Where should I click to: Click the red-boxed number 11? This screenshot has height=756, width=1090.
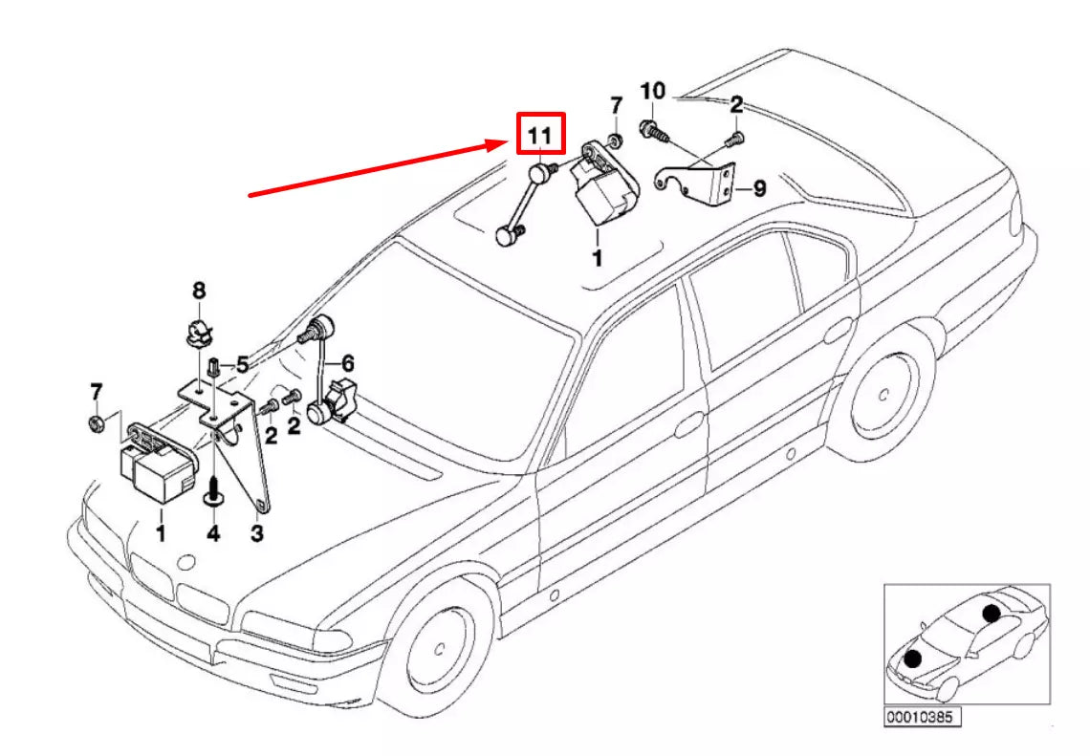[540, 135]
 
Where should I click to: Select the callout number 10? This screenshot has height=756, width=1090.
[652, 91]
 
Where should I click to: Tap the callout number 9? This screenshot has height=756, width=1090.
[759, 188]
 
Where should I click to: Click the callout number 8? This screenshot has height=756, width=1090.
[199, 291]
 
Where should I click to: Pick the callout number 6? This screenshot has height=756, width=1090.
[348, 363]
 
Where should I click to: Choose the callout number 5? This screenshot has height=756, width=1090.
[242, 364]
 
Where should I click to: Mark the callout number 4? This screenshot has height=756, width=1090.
[213, 533]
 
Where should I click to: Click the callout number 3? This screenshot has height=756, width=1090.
[257, 533]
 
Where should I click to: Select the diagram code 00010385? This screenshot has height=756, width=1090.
[923, 717]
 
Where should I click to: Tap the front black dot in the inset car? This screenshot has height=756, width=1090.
[913, 659]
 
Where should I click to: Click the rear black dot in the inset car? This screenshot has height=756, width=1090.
[992, 613]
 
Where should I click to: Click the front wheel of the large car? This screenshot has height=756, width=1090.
[439, 650]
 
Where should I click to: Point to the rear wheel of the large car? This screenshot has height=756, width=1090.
[883, 395]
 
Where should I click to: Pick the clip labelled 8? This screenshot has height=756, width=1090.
[199, 335]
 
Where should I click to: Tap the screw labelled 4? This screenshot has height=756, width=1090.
[213, 494]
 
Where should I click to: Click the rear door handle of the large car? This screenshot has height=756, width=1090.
[839, 331]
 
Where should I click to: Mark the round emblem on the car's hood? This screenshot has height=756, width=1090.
[186, 562]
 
